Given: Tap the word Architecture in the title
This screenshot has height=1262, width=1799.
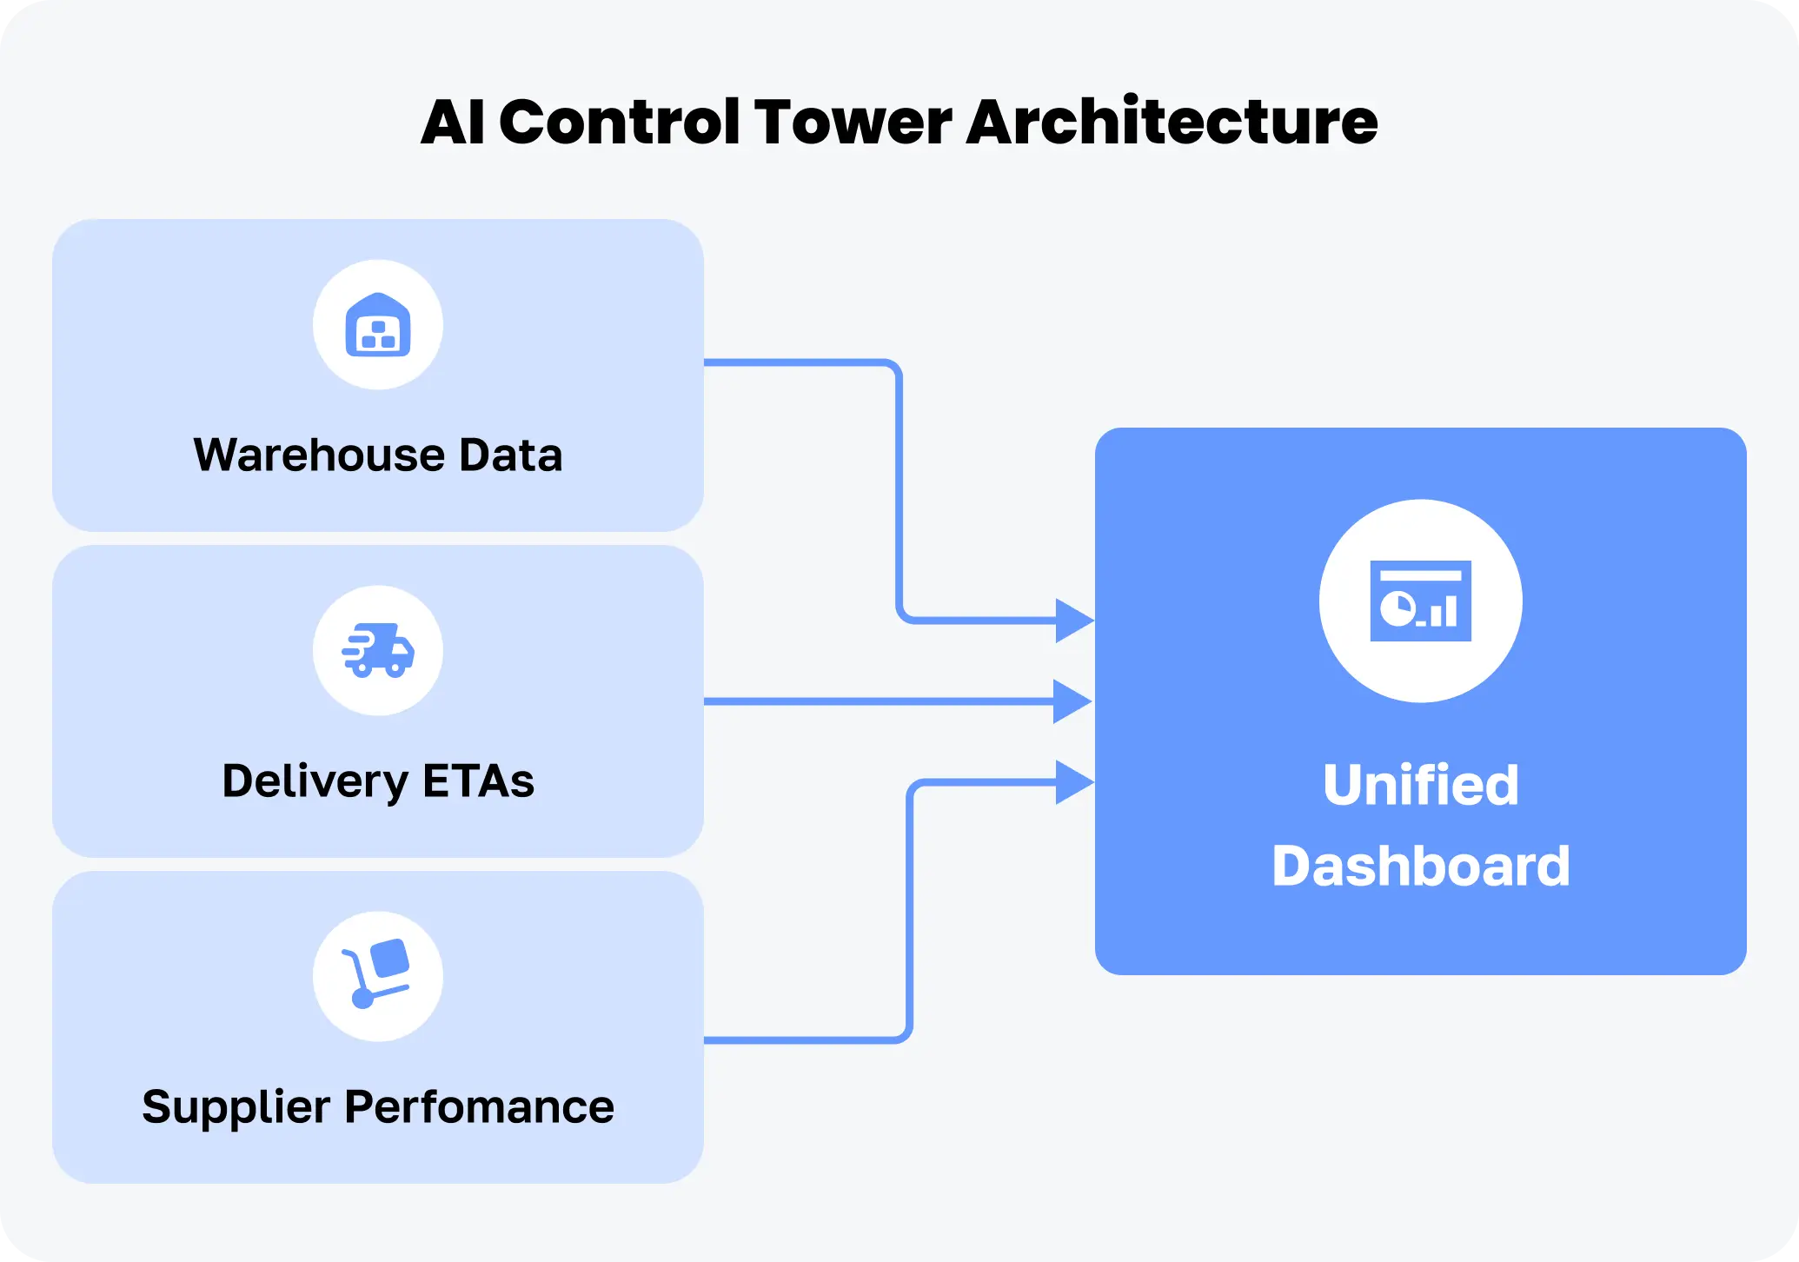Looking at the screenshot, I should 1171,122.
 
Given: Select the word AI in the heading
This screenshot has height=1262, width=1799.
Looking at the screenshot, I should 453,122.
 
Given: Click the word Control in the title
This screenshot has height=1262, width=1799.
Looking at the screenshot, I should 619,122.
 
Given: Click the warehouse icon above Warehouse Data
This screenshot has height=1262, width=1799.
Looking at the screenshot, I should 378,325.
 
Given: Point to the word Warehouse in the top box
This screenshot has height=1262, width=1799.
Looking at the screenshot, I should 319,455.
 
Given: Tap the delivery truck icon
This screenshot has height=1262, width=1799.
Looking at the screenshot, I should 378,650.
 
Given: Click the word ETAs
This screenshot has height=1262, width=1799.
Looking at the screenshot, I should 478,780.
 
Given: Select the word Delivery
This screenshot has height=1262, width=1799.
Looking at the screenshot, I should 315,780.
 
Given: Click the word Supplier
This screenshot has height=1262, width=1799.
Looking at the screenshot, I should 236,1107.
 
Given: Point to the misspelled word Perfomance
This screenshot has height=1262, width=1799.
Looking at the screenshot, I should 479,1107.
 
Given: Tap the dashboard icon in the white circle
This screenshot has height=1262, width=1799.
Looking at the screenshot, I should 1420,601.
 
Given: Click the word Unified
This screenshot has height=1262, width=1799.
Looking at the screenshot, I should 1420,785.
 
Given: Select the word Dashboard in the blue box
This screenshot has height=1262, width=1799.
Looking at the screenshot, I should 1420,866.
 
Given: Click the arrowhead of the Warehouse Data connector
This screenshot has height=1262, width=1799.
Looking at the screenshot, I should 1073,621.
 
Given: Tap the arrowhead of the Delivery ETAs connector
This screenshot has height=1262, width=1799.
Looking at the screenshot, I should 1072,701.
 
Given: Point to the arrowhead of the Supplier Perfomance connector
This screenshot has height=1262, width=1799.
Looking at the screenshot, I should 1073,782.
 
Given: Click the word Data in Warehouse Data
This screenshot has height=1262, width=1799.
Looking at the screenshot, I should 510,455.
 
